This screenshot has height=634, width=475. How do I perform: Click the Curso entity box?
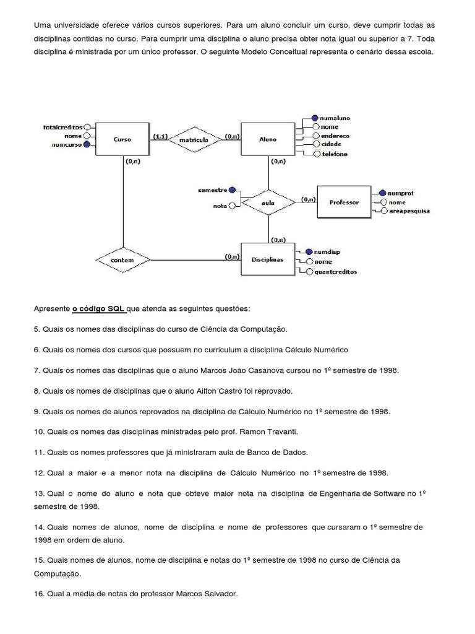click(x=122, y=139)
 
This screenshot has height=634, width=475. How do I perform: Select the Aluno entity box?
click(x=268, y=139)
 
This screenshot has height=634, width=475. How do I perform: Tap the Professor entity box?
click(x=344, y=202)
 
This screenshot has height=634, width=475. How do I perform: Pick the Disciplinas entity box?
click(x=268, y=259)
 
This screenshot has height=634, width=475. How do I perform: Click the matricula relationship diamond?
click(x=194, y=140)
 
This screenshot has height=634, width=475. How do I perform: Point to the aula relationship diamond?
click(x=268, y=202)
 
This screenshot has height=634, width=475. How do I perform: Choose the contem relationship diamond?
click(x=122, y=260)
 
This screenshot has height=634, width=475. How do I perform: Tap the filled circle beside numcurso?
click(x=87, y=144)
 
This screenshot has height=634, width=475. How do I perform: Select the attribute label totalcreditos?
click(x=62, y=126)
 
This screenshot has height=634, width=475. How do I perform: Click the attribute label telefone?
click(x=335, y=154)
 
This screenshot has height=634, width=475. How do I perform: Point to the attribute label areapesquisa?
click(x=409, y=211)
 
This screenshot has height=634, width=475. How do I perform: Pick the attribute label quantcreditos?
click(x=335, y=271)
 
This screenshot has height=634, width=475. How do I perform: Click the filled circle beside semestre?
click(x=232, y=190)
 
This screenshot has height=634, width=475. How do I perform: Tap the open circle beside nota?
click(x=232, y=206)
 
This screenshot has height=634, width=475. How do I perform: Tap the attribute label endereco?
click(x=335, y=135)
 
